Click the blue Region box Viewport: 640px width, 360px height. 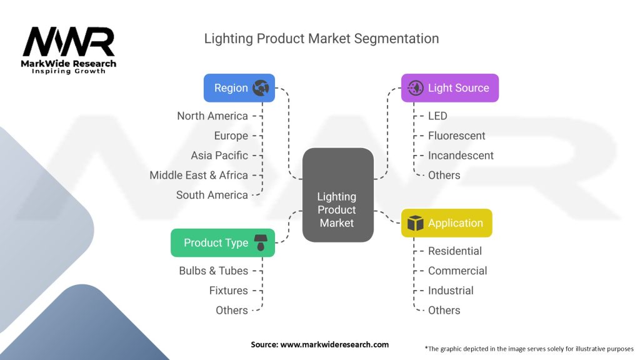coord(239,87)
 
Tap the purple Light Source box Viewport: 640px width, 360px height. coord(450,87)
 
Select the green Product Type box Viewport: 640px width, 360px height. coord(223,243)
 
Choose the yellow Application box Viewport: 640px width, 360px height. coord(446,223)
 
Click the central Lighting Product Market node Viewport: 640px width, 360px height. coord(338,195)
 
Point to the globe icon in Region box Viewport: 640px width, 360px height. coord(261,87)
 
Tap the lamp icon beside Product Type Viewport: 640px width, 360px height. coord(261,242)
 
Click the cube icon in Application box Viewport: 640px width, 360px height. coord(416,223)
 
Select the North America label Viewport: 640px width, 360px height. coord(212,116)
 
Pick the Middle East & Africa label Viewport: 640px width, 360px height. coord(199,175)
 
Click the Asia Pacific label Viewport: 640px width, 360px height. coord(219,156)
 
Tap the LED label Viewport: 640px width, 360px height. coord(437,116)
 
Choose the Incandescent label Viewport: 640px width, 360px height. coord(461,156)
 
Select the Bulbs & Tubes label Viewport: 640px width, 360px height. coord(214,271)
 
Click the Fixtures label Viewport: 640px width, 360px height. coord(229,291)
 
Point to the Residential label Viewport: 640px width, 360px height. coord(455,251)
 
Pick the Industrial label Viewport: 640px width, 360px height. coord(451,291)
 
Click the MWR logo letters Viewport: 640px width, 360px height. coord(69,42)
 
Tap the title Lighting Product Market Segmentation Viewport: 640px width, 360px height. coord(322,38)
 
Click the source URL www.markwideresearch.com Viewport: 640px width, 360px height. coord(334,344)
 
